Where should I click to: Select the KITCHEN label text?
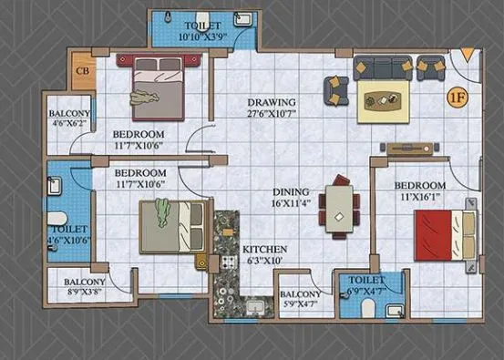(x=264, y=249)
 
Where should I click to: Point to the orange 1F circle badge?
(x=455, y=95)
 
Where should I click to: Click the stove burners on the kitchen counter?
(x=226, y=262)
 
